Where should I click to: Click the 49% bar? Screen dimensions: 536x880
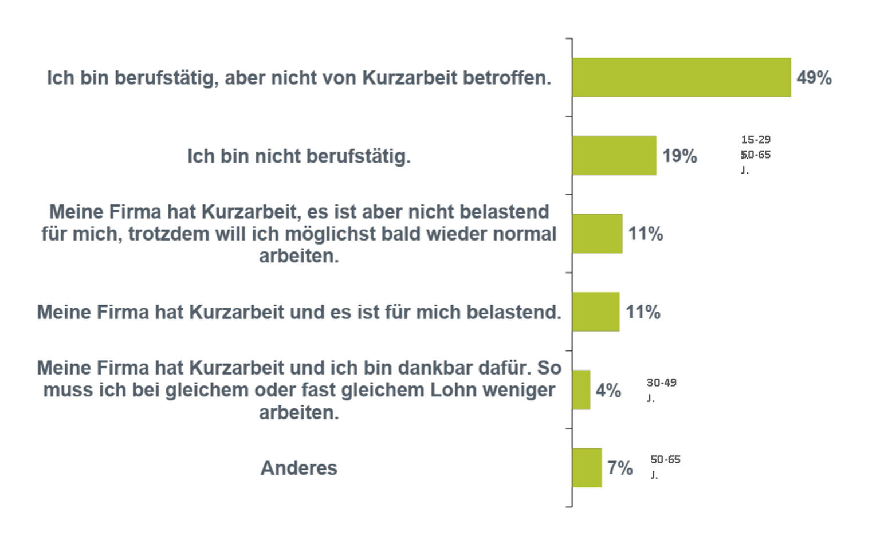[x=681, y=77]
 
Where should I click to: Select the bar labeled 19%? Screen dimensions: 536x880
[x=614, y=155]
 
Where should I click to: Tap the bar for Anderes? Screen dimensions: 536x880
[x=587, y=468]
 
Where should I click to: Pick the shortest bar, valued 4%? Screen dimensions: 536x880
[x=581, y=390]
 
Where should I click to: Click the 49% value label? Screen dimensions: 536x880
[x=814, y=78]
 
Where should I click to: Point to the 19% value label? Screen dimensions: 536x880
[x=679, y=156]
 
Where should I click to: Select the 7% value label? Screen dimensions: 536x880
[x=620, y=468]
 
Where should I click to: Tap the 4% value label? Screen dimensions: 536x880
[x=608, y=391]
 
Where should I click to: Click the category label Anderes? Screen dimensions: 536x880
[x=298, y=468]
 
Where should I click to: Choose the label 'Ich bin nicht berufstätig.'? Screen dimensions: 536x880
[x=298, y=156]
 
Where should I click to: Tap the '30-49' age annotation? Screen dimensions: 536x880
[x=661, y=383]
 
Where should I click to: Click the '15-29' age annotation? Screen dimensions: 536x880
[x=755, y=140]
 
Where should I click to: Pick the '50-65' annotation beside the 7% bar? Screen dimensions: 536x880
[x=665, y=460]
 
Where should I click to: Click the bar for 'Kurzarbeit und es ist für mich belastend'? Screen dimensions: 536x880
[x=596, y=312]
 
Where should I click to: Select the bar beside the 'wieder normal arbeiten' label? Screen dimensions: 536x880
[x=597, y=234]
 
